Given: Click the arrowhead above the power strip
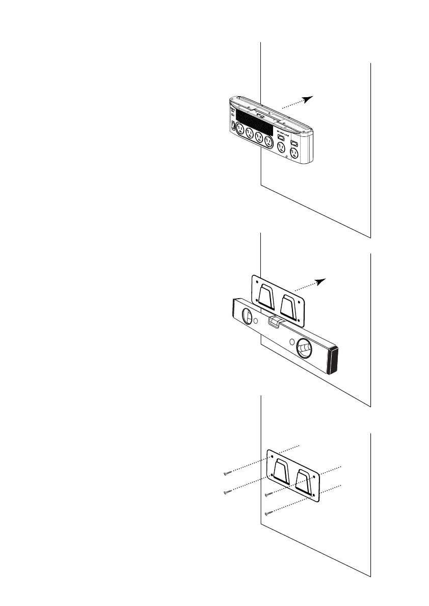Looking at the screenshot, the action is (308, 99).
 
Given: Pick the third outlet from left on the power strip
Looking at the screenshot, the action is (259, 137).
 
